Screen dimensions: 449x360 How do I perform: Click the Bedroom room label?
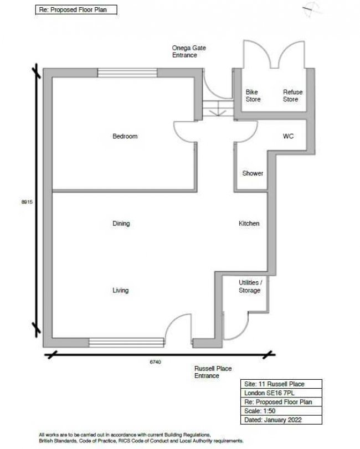(125, 136)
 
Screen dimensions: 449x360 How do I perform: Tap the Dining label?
(121, 224)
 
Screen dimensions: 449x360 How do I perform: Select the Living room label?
(121, 290)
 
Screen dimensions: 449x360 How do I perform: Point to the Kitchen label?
(249, 224)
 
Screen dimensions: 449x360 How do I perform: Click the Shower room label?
(253, 173)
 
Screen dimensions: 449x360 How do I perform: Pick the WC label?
(288, 136)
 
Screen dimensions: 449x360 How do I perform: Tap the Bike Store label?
(253, 96)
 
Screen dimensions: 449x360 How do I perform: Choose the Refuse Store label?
(293, 96)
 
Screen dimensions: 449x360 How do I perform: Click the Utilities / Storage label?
(249, 286)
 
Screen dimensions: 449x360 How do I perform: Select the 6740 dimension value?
(155, 362)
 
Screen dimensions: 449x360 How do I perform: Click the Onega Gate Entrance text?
(189, 52)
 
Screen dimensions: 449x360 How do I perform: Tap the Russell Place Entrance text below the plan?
(213, 372)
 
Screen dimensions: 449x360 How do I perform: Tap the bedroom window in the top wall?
(127, 71)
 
